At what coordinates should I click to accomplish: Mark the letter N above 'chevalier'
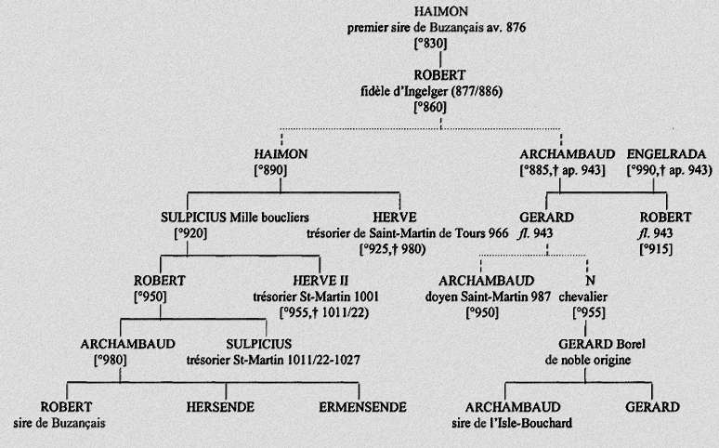(588, 281)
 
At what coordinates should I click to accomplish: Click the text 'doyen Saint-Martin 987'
(486, 296)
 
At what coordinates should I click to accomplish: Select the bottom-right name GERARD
(652, 407)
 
